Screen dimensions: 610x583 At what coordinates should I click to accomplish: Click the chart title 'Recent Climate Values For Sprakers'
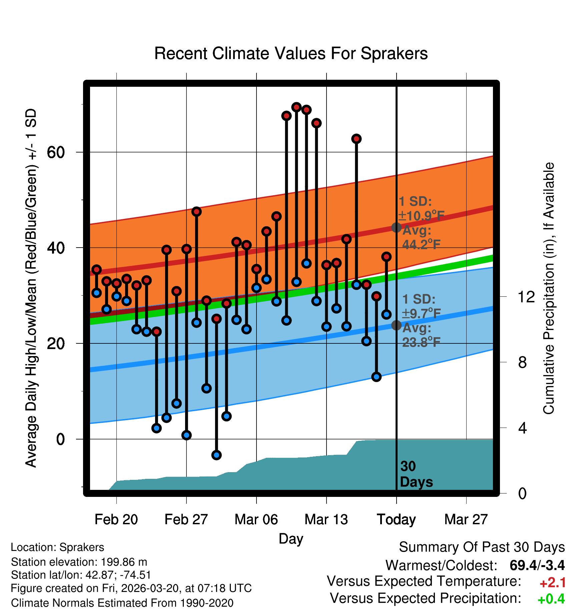(x=291, y=53)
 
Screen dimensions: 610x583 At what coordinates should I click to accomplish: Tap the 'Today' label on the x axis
(x=396, y=520)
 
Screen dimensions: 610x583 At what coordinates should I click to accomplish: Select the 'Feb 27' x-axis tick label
(x=186, y=520)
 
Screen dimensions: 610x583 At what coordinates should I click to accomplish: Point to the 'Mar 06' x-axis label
(x=256, y=520)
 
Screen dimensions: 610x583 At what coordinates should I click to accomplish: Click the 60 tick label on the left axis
(x=56, y=152)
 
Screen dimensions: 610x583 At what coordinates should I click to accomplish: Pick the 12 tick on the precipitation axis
(x=526, y=297)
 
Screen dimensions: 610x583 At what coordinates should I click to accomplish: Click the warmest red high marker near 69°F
(x=297, y=107)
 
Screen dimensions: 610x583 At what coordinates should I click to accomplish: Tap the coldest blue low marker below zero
(x=216, y=455)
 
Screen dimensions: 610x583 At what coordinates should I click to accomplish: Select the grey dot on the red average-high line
(x=396, y=228)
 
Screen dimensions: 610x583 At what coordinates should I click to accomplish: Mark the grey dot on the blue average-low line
(x=396, y=325)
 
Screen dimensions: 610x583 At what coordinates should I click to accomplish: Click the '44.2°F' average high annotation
(x=422, y=245)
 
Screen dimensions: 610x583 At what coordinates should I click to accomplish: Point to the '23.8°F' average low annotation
(x=422, y=342)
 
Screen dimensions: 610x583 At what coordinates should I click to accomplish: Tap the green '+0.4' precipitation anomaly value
(x=551, y=599)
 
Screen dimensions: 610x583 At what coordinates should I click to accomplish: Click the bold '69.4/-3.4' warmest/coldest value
(x=537, y=565)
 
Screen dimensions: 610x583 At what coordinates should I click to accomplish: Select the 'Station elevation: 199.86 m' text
(x=79, y=562)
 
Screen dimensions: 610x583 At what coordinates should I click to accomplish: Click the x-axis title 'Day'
(x=291, y=539)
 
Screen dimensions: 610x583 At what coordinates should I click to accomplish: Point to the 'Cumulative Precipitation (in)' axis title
(x=549, y=289)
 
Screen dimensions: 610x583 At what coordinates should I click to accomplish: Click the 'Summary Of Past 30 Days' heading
(x=482, y=547)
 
